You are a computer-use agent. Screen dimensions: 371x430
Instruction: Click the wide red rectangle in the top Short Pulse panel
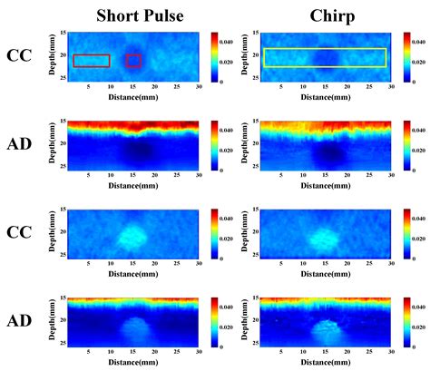coord(91,61)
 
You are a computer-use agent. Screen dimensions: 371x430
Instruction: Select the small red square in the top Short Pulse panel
coord(133,61)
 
